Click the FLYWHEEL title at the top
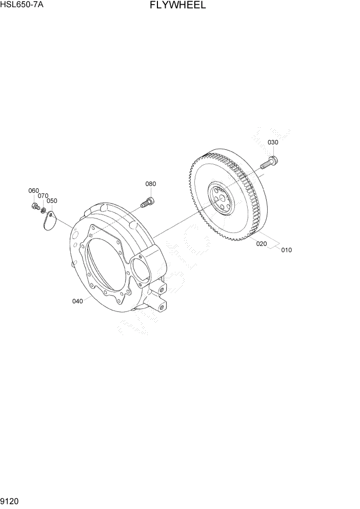[178, 6]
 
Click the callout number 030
[273, 142]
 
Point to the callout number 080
[150, 184]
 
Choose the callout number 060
[33, 191]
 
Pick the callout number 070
[43, 196]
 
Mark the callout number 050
[52, 201]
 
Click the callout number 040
[77, 301]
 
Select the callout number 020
[262, 244]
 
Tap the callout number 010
[286, 250]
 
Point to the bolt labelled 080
[148, 202]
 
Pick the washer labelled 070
[44, 210]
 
